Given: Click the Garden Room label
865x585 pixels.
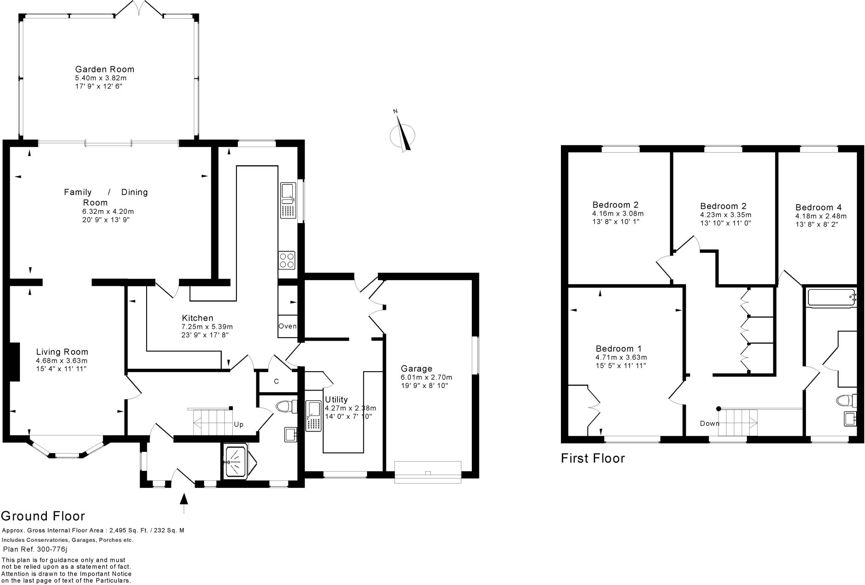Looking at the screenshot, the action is (105, 69).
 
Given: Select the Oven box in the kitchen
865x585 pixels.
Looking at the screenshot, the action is (287, 326).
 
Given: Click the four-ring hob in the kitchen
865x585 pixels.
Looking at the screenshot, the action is (287, 260).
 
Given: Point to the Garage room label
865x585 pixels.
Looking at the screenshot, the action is (416, 369).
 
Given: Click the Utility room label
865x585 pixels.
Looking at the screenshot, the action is (336, 399).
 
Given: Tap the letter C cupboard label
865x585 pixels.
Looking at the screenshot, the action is (276, 382).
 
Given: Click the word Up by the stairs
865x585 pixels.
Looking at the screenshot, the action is (239, 425).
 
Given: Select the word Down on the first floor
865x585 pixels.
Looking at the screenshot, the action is (710, 424).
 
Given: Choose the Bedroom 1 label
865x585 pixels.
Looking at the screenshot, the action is (619, 349).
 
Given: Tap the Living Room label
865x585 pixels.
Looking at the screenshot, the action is (62, 352).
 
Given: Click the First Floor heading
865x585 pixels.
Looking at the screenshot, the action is (593, 459).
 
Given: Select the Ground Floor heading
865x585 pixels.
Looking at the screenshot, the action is (43, 516).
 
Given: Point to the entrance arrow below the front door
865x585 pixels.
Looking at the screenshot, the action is (183, 503).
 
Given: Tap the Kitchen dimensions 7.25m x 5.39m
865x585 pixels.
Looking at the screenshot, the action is (207, 327).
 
